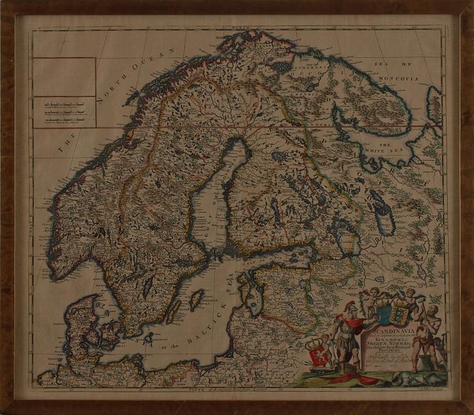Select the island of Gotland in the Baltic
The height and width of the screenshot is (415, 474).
point(197,300)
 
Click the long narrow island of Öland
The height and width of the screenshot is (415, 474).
point(175,312)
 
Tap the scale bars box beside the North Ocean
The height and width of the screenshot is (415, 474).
point(64,112)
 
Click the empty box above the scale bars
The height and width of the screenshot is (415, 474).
point(64,77)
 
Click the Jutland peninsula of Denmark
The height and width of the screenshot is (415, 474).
point(78,321)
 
